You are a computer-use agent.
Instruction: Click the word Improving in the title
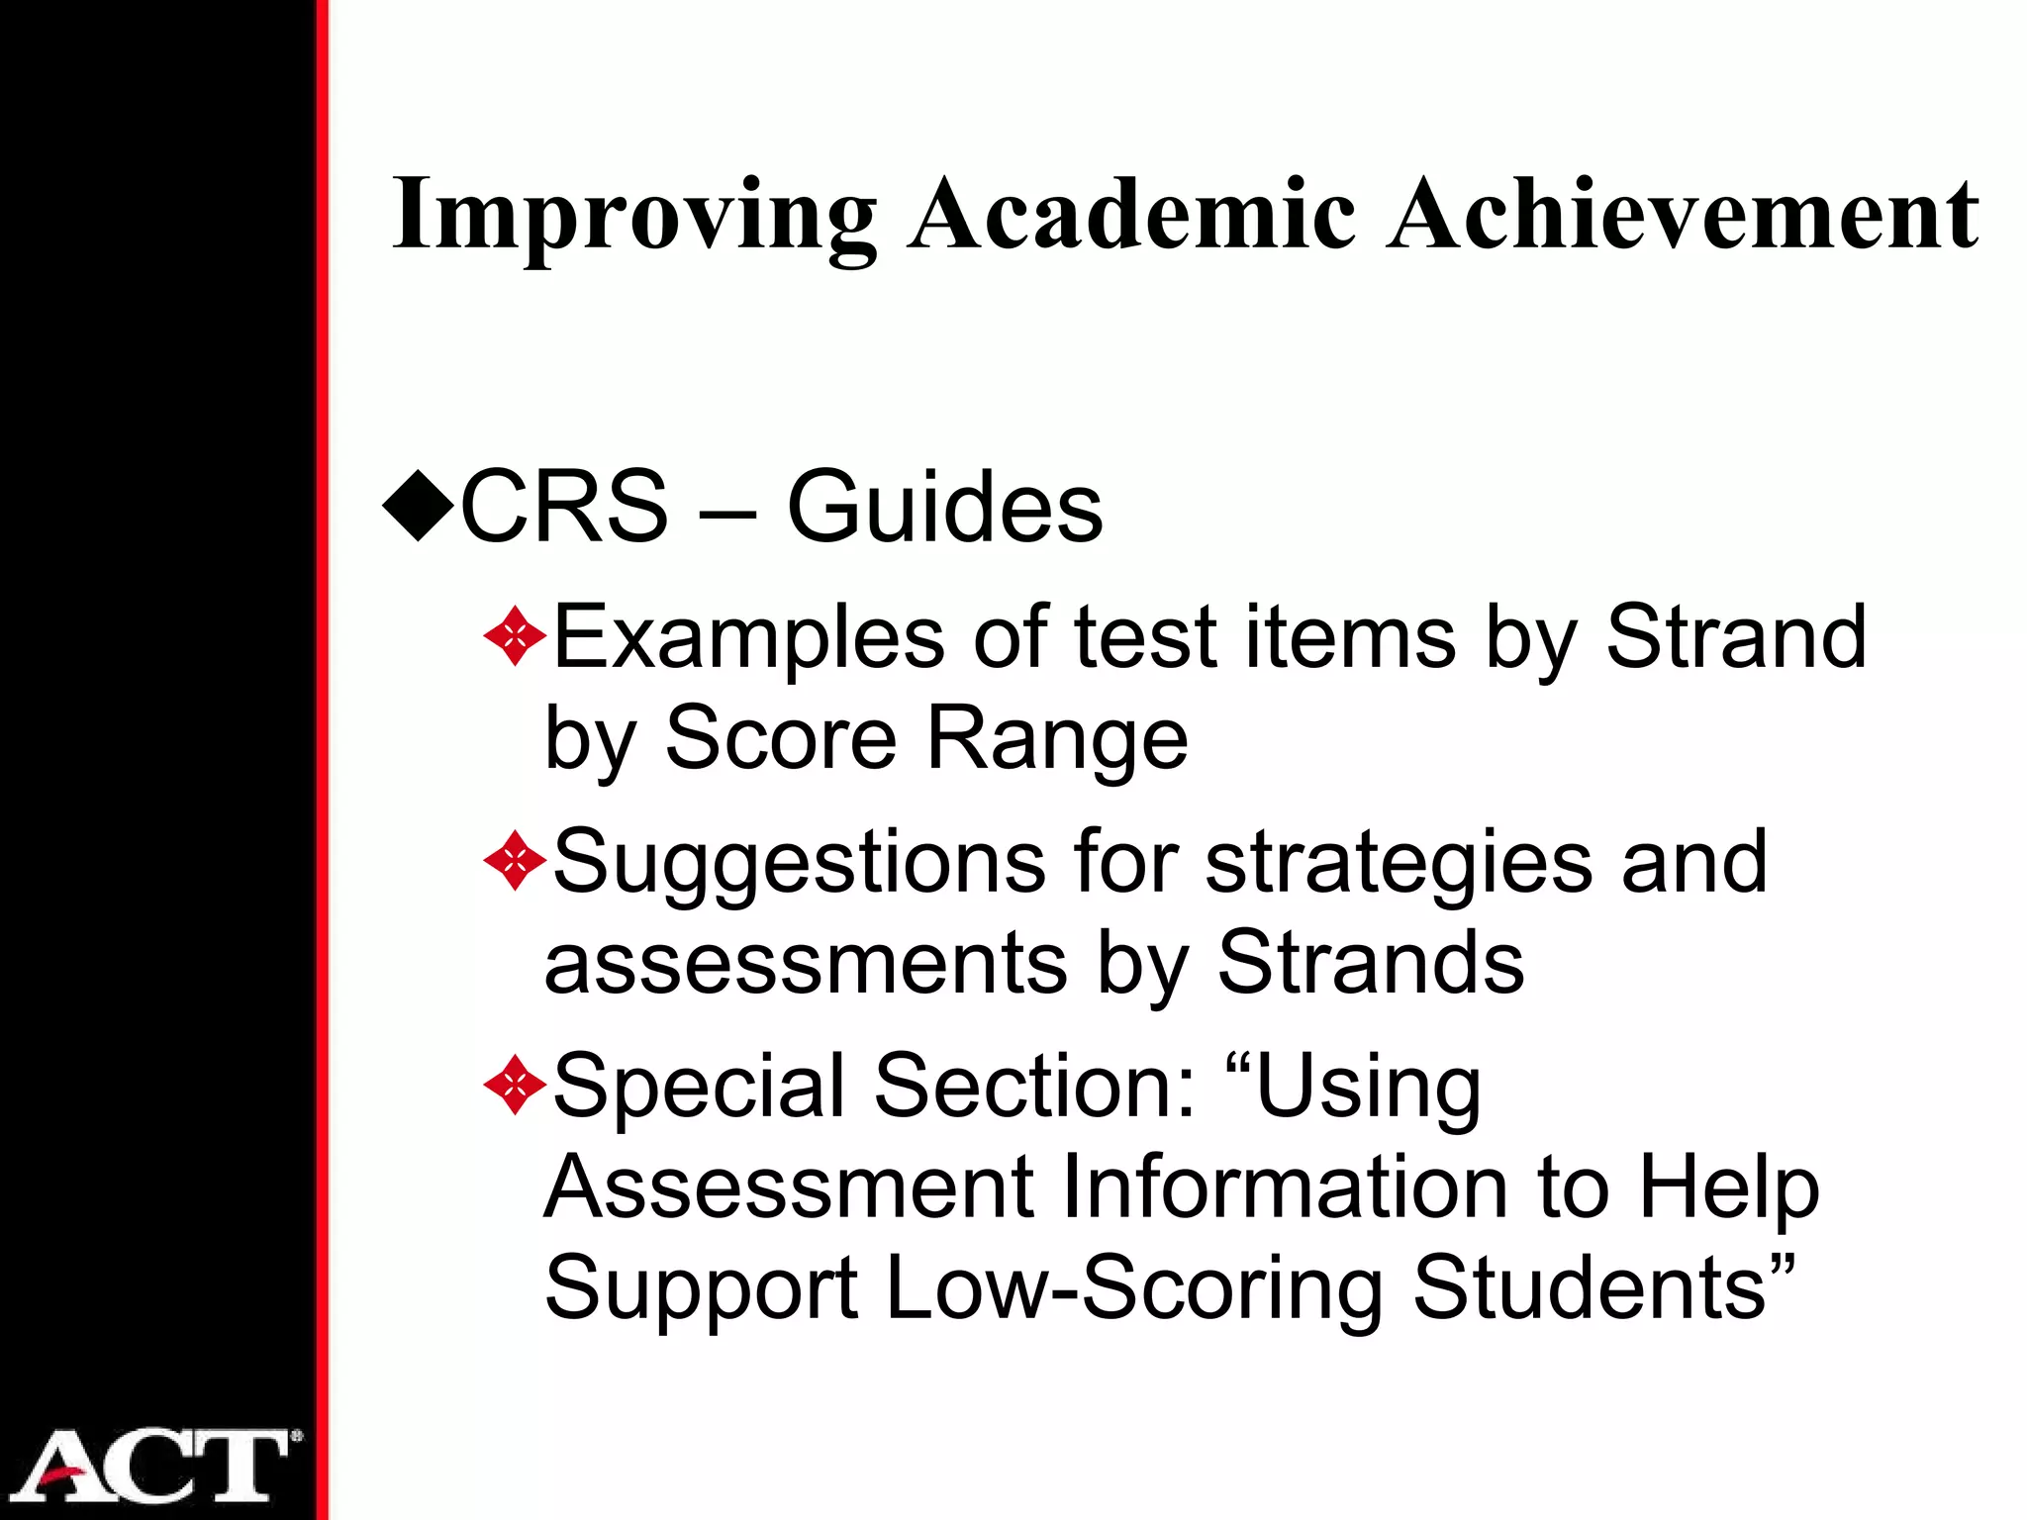click(633, 216)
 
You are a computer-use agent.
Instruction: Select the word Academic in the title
click(1132, 214)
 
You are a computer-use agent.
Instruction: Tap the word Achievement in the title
click(1683, 214)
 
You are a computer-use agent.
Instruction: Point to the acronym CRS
click(564, 507)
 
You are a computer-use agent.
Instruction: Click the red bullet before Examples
click(515, 637)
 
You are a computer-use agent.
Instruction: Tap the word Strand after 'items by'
click(1736, 637)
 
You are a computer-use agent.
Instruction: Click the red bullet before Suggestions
click(515, 861)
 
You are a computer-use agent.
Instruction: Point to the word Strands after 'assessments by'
click(1371, 962)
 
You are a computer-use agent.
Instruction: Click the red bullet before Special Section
click(515, 1086)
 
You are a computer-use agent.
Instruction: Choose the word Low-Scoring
click(1134, 1287)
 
